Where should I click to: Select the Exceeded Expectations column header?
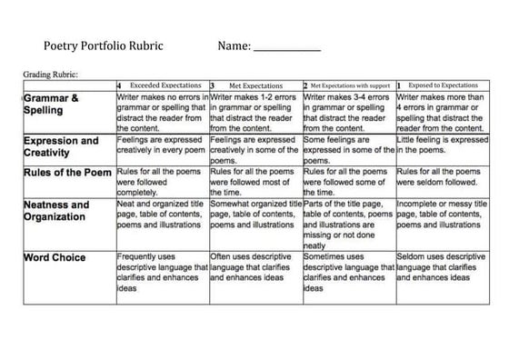(165, 84)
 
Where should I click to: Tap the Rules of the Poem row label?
(67, 173)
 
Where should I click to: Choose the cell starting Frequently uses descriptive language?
(162, 272)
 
